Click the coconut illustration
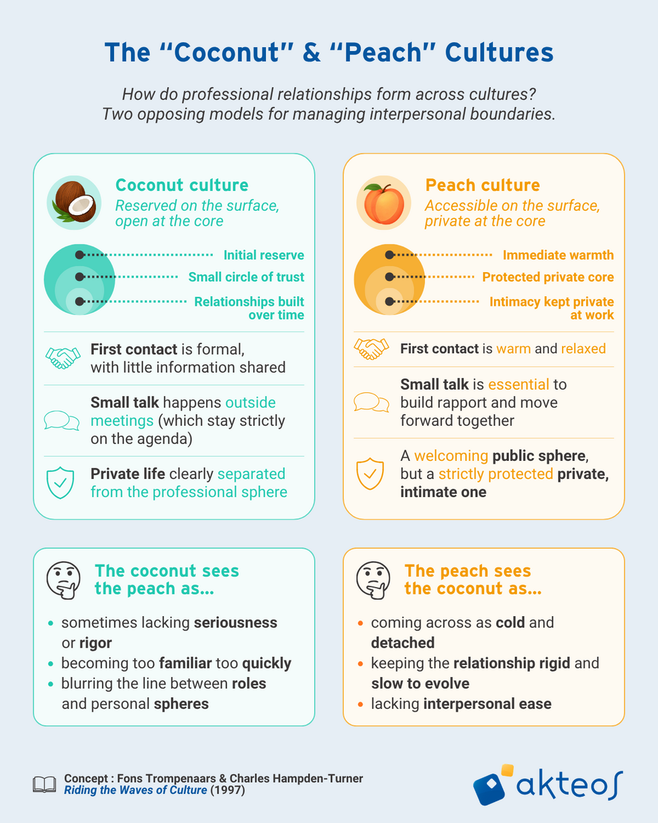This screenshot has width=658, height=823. coord(74,202)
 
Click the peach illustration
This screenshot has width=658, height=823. coord(383,203)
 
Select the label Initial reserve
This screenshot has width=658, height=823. coord(264,255)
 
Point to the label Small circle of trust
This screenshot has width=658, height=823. coord(246,277)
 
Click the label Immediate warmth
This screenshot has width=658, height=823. coord(558,255)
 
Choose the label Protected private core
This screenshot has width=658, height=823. coord(548,277)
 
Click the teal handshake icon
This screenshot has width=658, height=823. coord(62,358)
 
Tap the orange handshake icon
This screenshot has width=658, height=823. coord(371,349)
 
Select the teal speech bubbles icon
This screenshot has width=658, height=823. coord(62,421)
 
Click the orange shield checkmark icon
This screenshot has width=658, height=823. coord(370,474)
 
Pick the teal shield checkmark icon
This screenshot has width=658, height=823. coord(60,482)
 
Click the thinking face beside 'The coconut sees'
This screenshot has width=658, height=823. coord(64,580)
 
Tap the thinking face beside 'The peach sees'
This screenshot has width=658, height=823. coord(373,580)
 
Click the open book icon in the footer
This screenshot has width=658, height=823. coord(44,785)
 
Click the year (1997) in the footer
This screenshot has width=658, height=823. coord(228,790)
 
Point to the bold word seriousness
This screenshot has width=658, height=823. coord(236,623)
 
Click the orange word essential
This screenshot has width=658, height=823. coord(519,384)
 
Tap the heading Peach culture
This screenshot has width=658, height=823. coord(483,185)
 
